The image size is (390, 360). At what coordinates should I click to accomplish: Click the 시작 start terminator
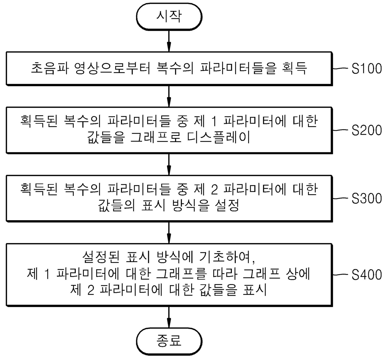point(169,17)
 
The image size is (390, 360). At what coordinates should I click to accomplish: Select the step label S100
point(366,68)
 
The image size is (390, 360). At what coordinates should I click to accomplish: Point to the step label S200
point(366,130)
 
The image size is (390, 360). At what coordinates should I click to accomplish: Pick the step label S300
point(366,198)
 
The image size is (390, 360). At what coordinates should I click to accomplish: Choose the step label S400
point(366,275)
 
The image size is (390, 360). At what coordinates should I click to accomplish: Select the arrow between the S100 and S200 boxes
point(169,96)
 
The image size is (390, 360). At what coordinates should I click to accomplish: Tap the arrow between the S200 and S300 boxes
point(169,164)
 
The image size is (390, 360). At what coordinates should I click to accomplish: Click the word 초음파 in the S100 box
point(50,68)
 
